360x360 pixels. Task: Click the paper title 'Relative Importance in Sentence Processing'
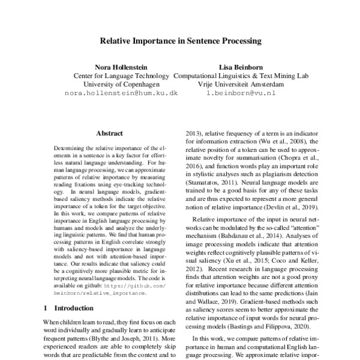(180, 42)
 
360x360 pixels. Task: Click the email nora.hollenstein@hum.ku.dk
(121, 94)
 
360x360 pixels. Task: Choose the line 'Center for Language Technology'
(121, 76)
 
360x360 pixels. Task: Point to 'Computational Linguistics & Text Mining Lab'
(240, 76)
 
